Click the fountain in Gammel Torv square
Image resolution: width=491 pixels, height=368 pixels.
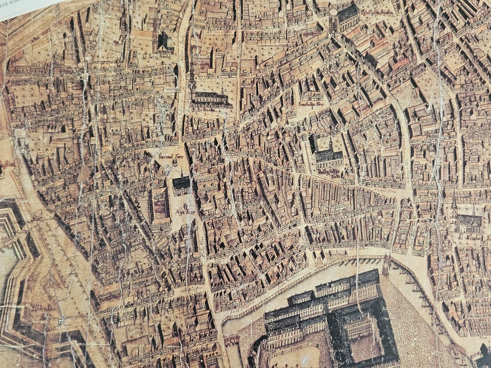tap(173, 163)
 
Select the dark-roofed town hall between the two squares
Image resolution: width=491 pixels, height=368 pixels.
tap(181, 182)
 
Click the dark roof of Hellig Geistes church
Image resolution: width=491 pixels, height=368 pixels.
tap(327, 156)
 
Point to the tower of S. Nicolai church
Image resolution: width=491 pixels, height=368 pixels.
tap(454, 204)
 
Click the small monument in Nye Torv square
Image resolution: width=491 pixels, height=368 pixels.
tap(185, 204)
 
